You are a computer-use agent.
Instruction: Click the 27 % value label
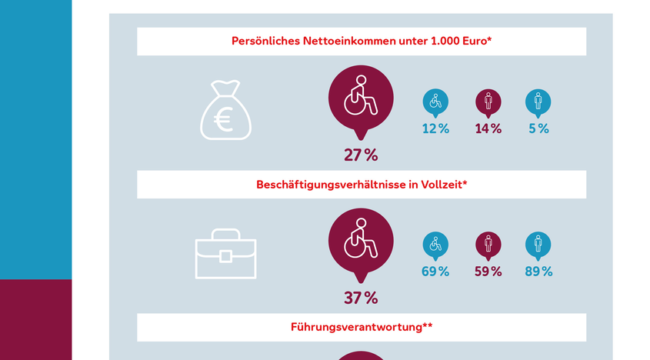[361, 155]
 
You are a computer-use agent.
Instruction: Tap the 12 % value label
[435, 129]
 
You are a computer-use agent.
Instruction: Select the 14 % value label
[488, 129]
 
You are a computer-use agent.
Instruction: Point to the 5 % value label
[538, 129]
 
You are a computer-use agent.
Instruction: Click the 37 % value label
[361, 298]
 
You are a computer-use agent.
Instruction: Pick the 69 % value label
[435, 272]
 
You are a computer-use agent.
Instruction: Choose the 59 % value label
[488, 272]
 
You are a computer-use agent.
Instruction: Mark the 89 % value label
[538, 272]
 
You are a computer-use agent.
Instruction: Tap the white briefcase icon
[225, 253]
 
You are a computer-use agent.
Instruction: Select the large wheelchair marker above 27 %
[361, 98]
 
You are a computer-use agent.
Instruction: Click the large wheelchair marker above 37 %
[361, 241]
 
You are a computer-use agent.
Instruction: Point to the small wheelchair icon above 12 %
[435, 102]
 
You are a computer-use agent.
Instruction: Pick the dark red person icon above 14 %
[488, 102]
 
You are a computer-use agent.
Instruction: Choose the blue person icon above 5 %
[538, 102]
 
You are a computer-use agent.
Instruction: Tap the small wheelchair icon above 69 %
[435, 245]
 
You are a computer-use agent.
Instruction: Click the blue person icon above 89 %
[538, 245]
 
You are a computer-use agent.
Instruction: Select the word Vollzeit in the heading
[438, 185]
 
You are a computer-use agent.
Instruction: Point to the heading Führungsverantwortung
[361, 327]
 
